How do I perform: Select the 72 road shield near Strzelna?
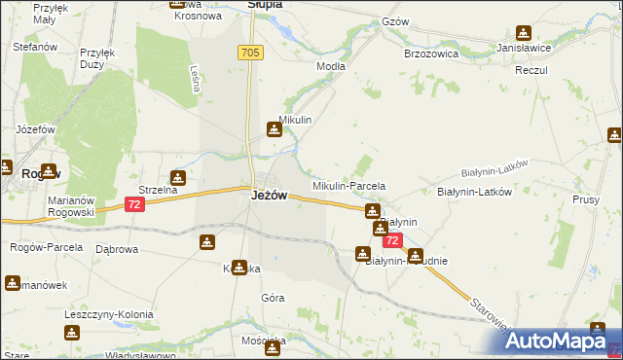135,204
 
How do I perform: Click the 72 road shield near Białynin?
391,239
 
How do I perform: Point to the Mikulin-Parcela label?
348,185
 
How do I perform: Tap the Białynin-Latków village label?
474,192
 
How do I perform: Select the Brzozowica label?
431,54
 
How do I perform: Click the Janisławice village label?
525,48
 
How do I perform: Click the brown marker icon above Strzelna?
178,178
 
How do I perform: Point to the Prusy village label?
586,198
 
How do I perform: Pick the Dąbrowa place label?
117,248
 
